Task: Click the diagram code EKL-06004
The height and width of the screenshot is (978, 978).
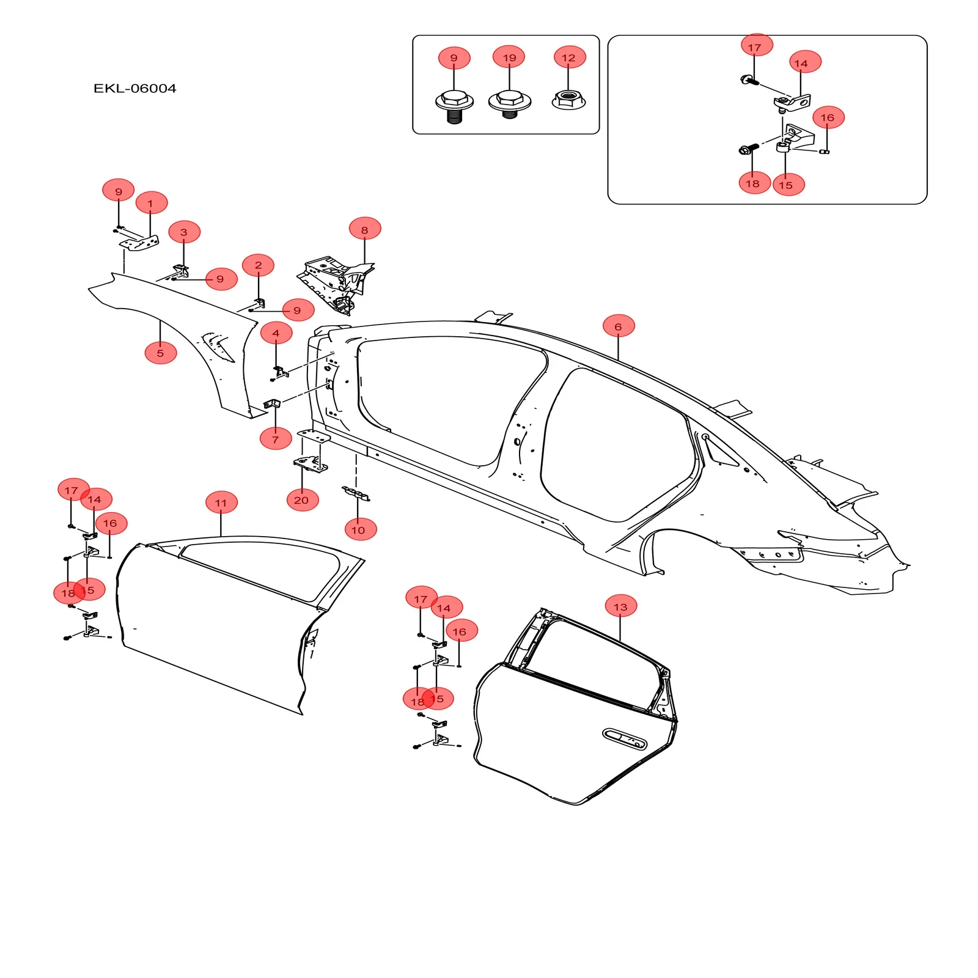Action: tap(134, 89)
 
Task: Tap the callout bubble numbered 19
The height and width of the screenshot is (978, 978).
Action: tap(509, 57)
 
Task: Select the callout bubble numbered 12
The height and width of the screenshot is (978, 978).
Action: tap(569, 57)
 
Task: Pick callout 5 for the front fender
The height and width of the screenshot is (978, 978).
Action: tap(160, 353)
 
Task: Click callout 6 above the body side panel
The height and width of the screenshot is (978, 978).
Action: tap(618, 326)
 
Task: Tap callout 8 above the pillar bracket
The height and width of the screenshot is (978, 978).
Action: tap(365, 230)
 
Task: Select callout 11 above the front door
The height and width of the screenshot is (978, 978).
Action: tap(221, 503)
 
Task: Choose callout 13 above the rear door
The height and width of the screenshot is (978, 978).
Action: tap(620, 607)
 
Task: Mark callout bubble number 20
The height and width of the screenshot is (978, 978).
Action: tap(302, 500)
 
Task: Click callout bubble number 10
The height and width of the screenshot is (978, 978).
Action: tap(360, 529)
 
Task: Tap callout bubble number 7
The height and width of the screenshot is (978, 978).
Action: tap(275, 439)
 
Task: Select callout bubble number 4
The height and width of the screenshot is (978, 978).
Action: tap(276, 333)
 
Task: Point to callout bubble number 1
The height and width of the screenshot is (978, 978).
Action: tap(151, 204)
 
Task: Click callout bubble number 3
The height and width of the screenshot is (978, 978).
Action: tap(184, 232)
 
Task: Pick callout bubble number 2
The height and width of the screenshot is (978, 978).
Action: tap(258, 265)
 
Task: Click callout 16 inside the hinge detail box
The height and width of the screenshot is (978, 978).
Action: tap(828, 117)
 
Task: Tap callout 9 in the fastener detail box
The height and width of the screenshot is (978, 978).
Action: tap(454, 58)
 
